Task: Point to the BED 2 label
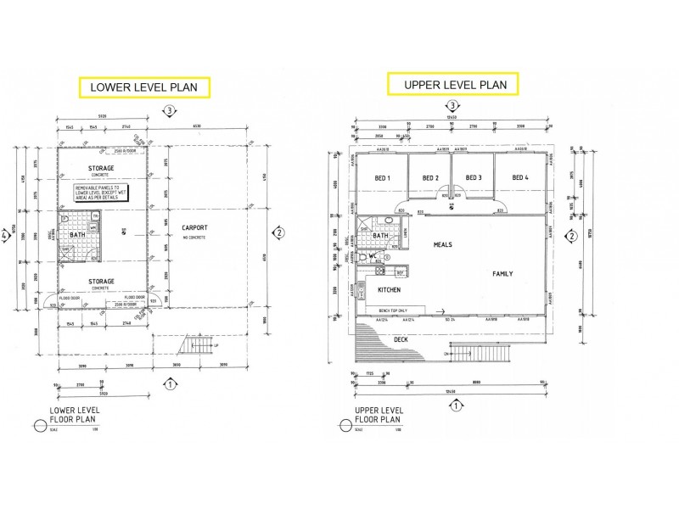tap(430, 177)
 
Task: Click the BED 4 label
tap(521, 177)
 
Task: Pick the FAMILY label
tap(504, 274)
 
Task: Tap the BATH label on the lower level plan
tap(78, 234)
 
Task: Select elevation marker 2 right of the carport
tap(277, 232)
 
